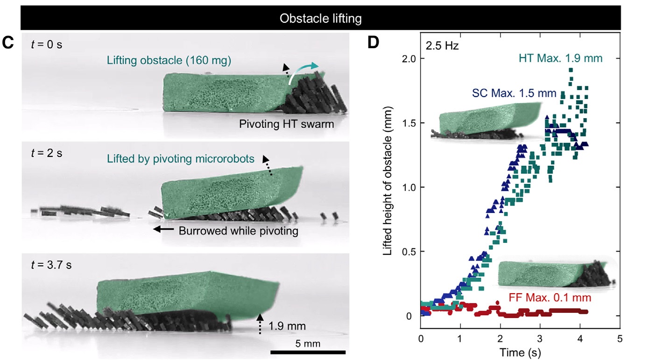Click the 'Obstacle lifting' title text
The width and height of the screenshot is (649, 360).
pyautogui.click(x=320, y=19)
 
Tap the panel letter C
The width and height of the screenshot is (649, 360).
pyautogui.click(x=7, y=43)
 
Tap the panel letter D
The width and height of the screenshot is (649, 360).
pyautogui.click(x=374, y=42)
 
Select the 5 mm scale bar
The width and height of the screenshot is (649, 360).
pyautogui.click(x=308, y=352)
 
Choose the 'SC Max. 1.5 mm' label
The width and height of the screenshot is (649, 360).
pyautogui.click(x=514, y=93)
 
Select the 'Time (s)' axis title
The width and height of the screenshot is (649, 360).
pyautogui.click(x=521, y=353)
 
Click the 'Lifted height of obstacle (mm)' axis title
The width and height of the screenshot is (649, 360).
pyautogui.click(x=387, y=187)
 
